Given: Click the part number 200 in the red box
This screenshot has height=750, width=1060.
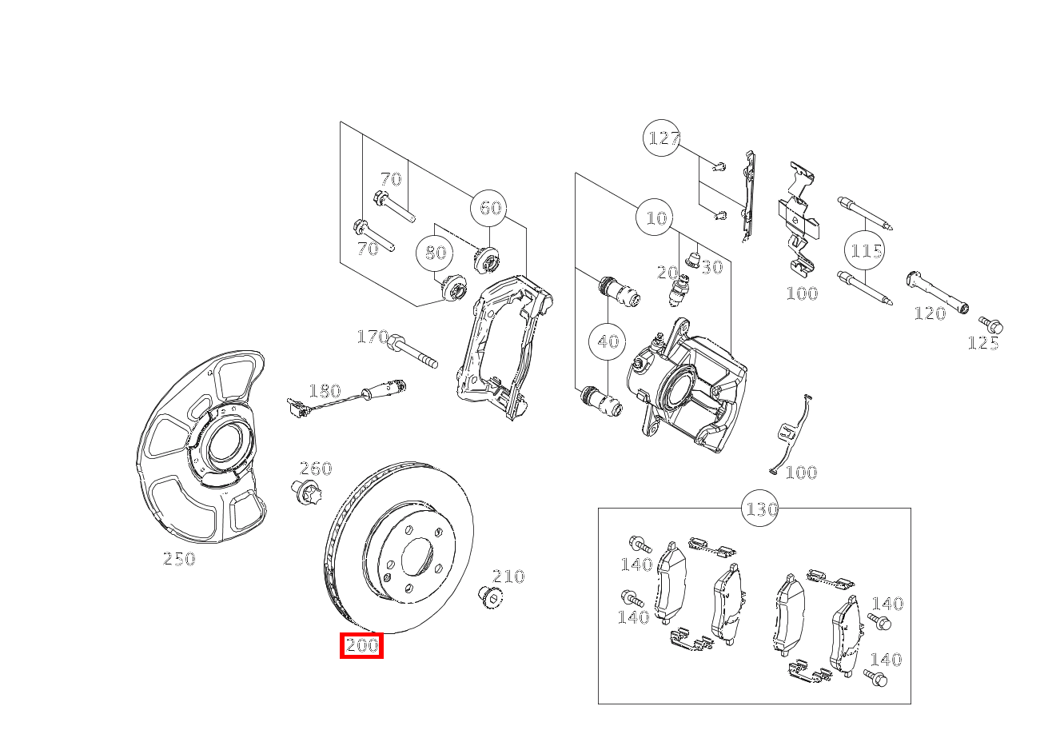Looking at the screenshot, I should (361, 645).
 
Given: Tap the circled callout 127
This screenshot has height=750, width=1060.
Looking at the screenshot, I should (663, 138).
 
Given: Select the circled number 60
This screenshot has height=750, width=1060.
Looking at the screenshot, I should (490, 208).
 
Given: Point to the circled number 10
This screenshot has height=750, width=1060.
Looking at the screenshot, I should (656, 217).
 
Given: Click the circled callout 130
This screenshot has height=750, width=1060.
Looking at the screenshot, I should (761, 509).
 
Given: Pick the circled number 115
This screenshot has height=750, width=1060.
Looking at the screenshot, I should (866, 251).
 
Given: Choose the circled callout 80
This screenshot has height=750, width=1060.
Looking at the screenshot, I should (435, 253).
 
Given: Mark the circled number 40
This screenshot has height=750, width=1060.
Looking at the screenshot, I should (608, 341).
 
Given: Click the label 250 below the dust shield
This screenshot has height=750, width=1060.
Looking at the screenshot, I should (179, 559).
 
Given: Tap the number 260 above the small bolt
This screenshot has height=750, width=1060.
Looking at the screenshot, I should (316, 469).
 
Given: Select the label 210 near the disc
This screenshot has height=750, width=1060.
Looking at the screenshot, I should (508, 576).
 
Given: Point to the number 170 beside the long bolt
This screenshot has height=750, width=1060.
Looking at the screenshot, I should (373, 337).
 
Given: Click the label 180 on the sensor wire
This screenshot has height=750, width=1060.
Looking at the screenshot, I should (325, 391).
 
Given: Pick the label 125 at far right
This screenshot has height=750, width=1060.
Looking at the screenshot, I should (983, 344).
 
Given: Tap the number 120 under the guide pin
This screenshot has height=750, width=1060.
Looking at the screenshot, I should (930, 313).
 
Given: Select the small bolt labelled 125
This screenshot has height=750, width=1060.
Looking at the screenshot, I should (992, 325).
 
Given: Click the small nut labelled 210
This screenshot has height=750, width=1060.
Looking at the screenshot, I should (488, 596).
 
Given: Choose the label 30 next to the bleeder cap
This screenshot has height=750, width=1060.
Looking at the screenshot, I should (712, 267).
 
